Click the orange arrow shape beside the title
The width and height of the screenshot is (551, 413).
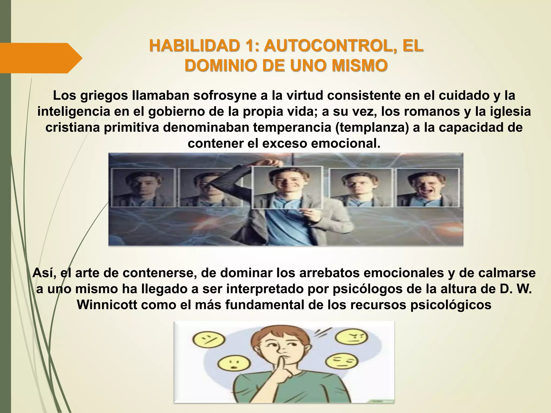pos(40,58)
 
